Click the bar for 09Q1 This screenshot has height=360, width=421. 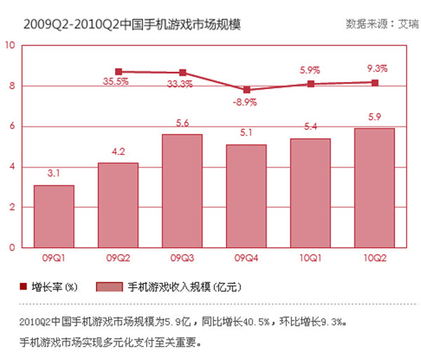(x=54, y=216)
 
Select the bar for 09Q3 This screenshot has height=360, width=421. (x=182, y=191)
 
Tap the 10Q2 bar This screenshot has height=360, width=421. (x=375, y=188)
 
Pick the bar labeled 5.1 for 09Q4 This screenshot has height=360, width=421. (x=246, y=196)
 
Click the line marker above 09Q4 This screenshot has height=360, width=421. (x=246, y=90)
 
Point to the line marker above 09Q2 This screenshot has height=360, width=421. (x=119, y=72)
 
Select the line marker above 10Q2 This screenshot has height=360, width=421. (x=375, y=83)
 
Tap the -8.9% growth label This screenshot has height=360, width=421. (x=245, y=102)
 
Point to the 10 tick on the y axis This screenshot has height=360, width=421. (x=10, y=46)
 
